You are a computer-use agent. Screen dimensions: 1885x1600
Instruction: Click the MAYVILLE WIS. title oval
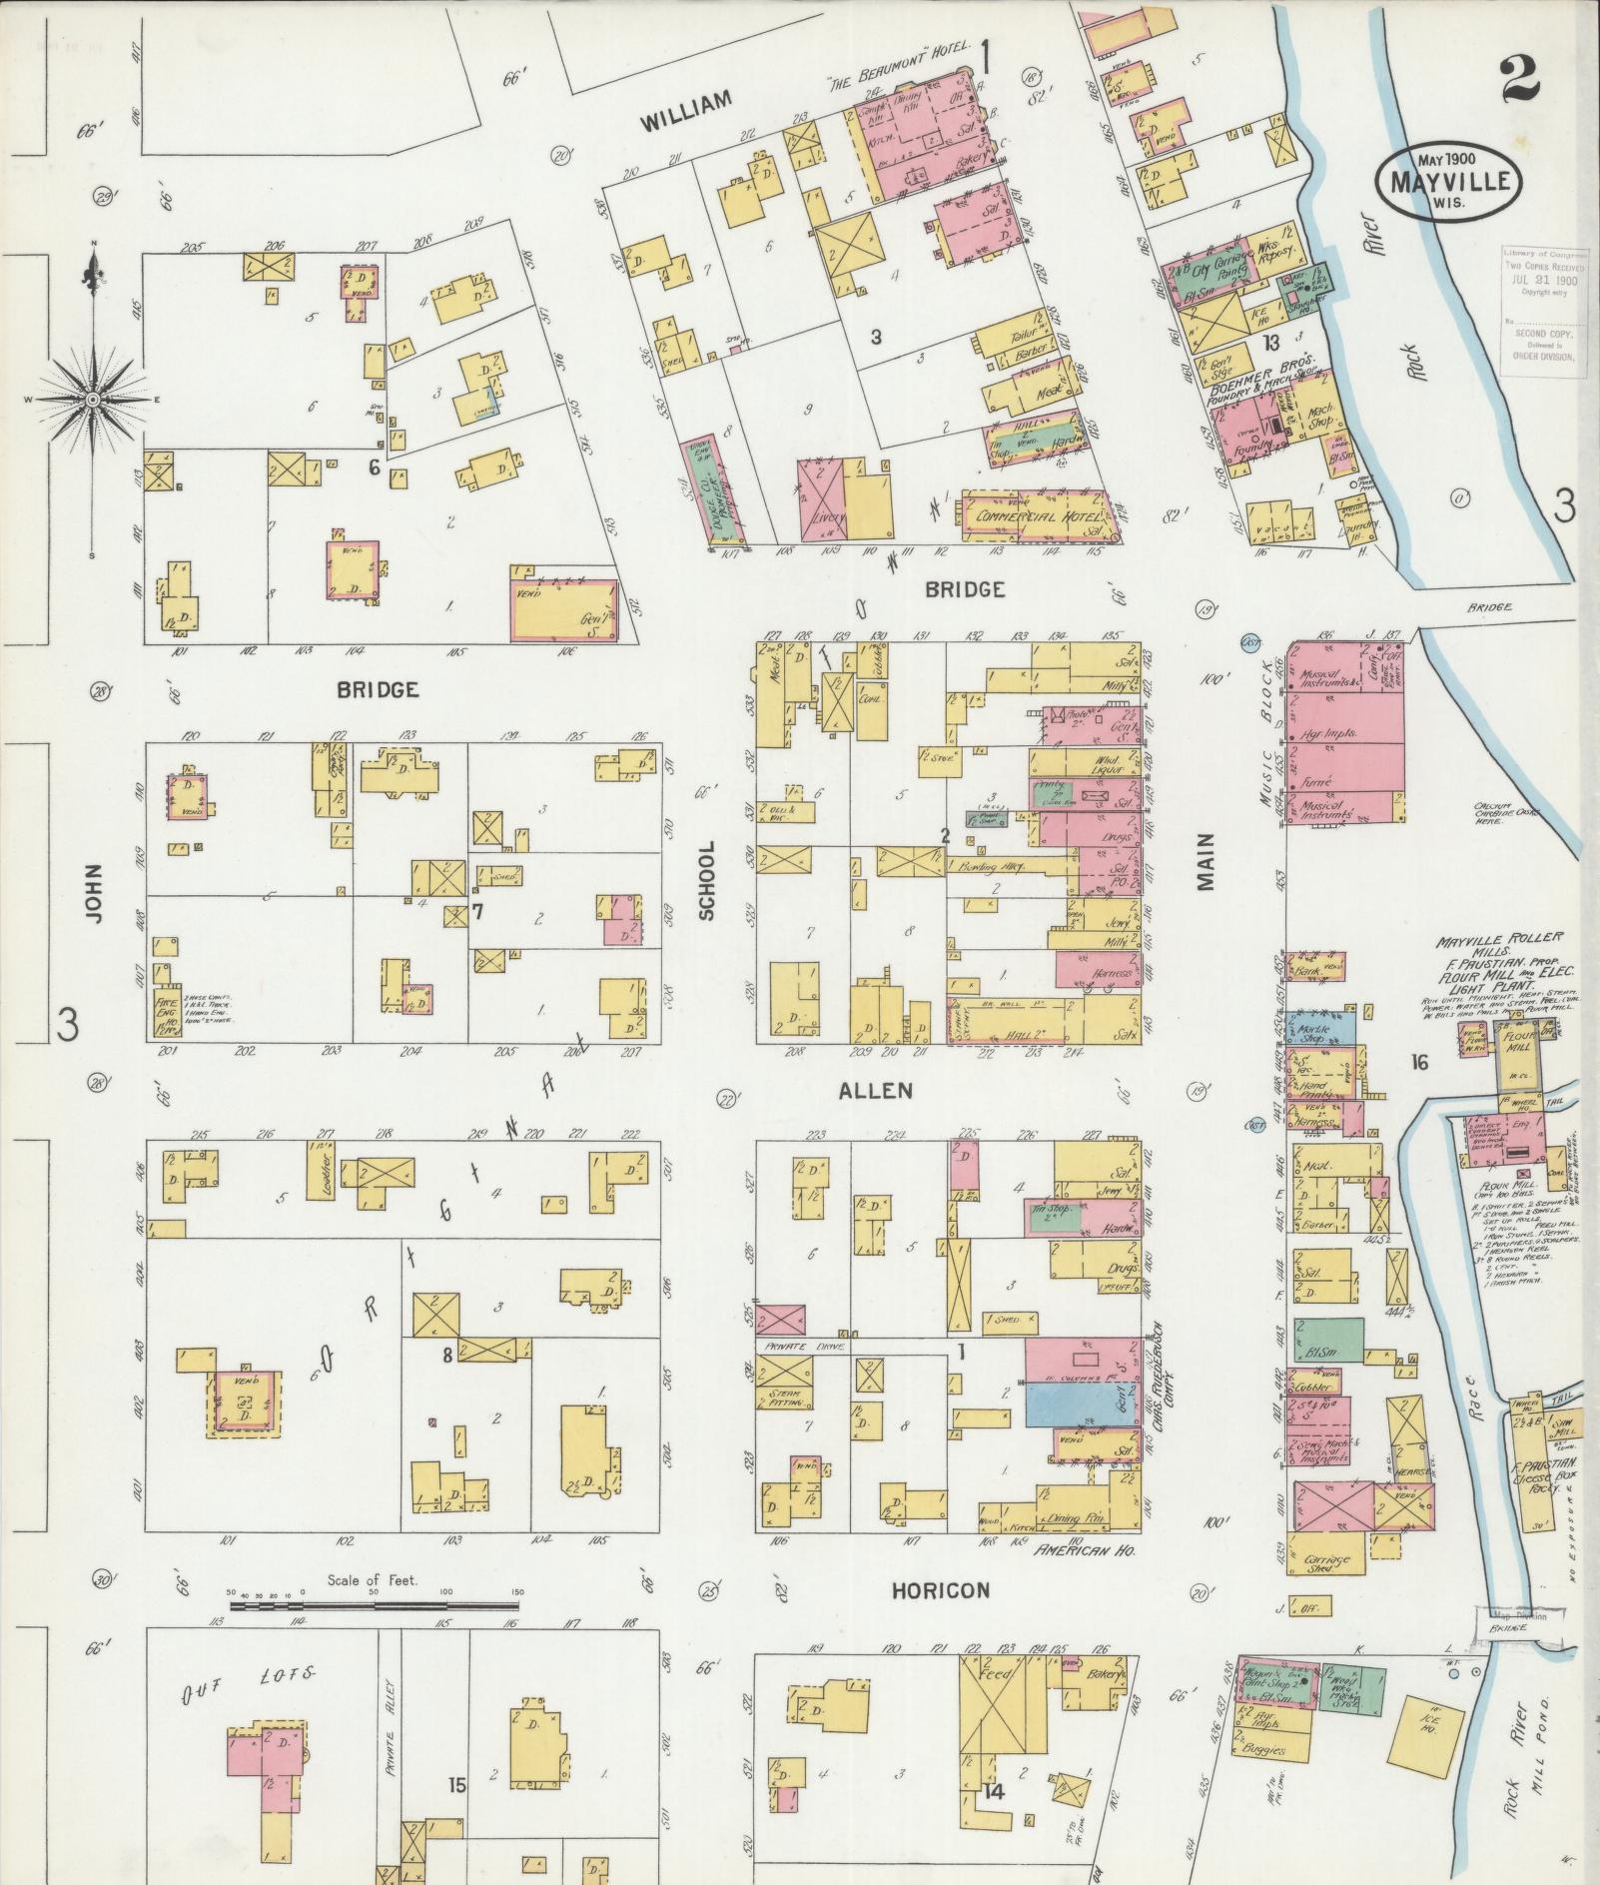pyautogui.click(x=1448, y=180)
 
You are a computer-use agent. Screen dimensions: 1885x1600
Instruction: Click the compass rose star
pyautogui.click(x=92, y=399)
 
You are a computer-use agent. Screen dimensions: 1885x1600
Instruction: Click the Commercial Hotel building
pyautogui.click(x=1035, y=516)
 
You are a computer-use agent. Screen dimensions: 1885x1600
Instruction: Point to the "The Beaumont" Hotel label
pyautogui.click(x=891, y=84)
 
